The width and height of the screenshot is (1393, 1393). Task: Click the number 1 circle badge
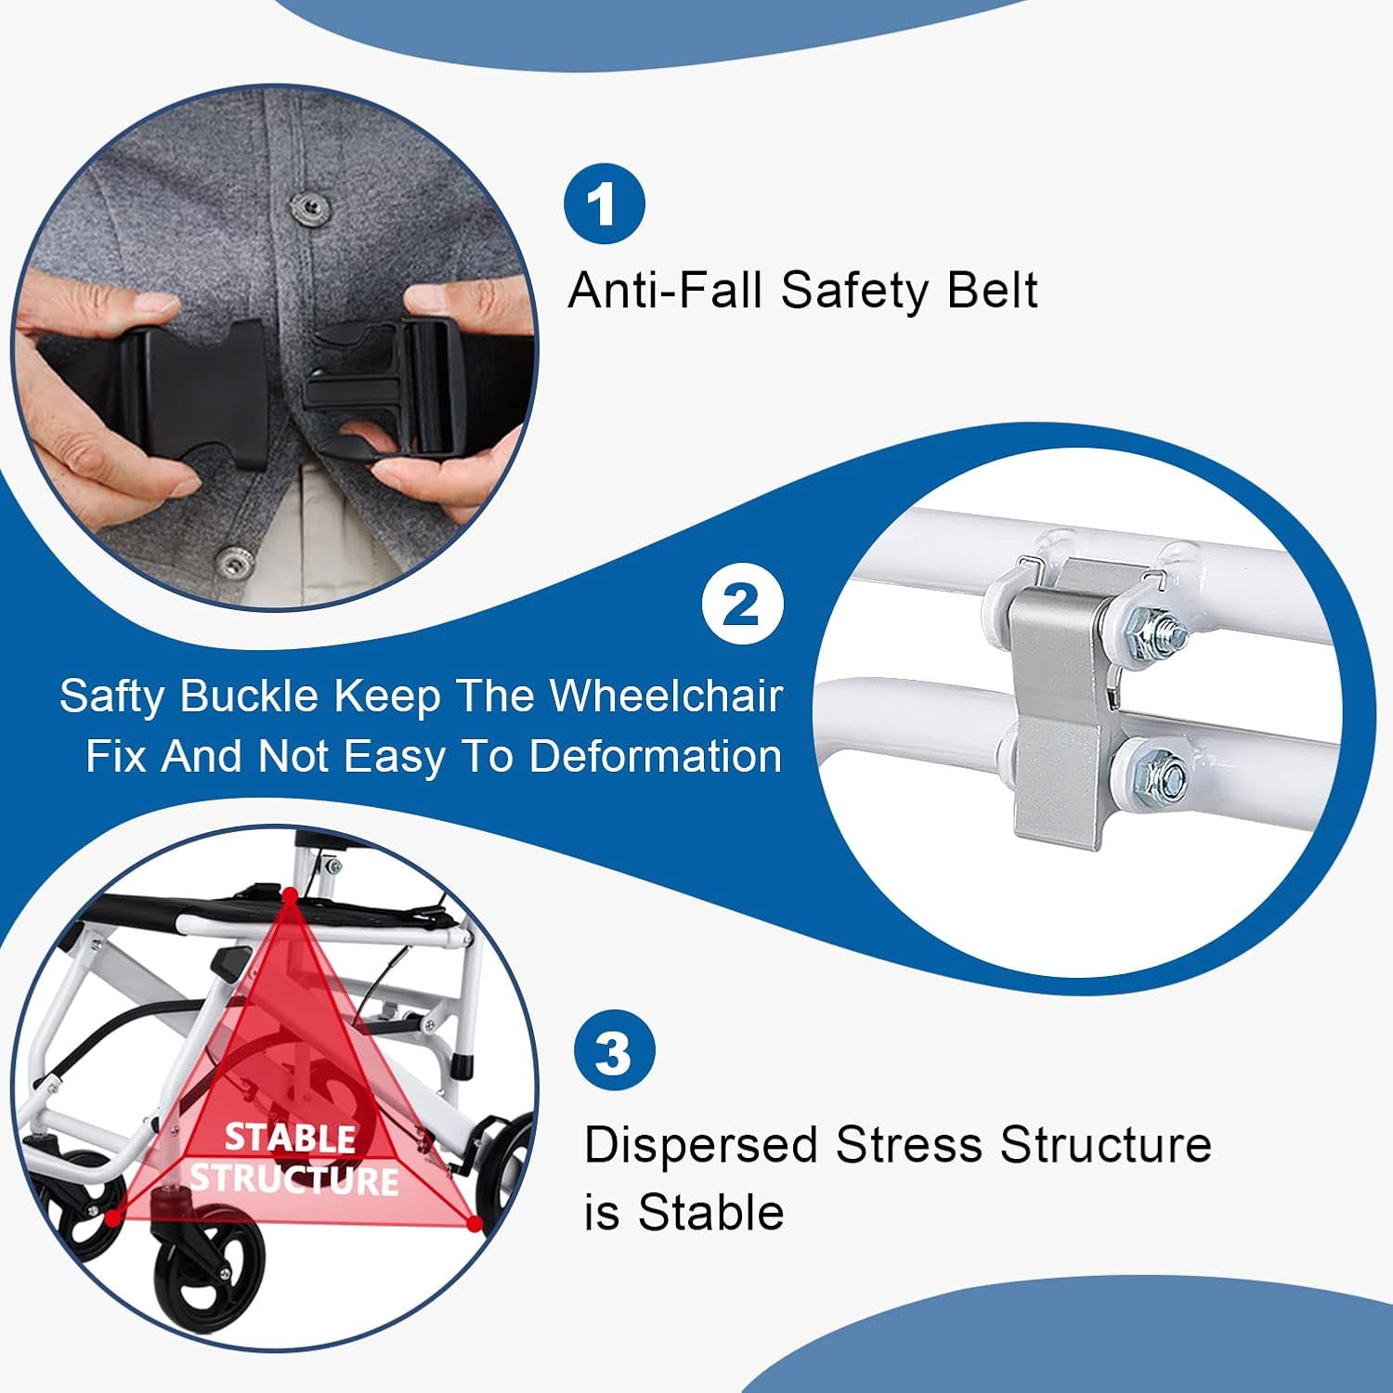605,203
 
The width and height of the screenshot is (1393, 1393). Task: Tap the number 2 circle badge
742,605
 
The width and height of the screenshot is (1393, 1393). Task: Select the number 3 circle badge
614,1052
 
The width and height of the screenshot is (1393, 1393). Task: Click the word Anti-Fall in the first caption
668,290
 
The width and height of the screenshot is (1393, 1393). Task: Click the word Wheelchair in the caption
666,696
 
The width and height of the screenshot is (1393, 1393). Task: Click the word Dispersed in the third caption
701,1146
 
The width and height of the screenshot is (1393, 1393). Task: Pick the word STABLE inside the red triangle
291,1138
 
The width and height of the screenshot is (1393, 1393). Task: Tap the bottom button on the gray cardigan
235,563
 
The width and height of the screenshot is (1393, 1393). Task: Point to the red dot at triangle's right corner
474,1224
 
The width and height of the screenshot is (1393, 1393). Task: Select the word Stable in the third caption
712,1213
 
